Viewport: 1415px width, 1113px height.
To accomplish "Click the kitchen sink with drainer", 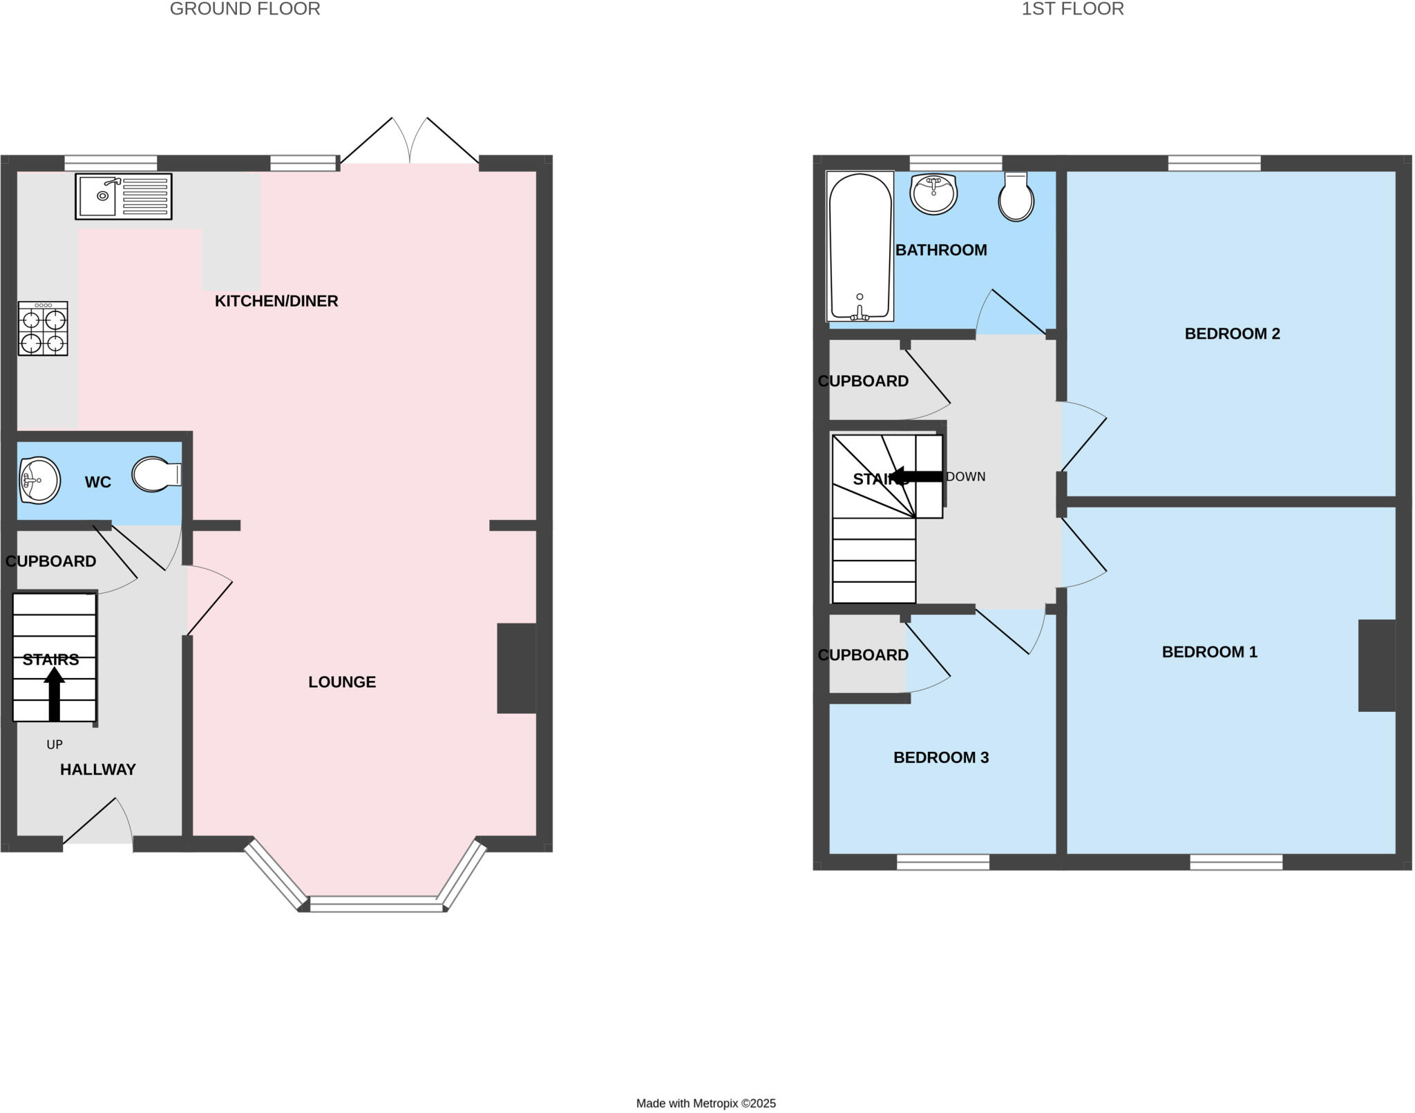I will (124, 197).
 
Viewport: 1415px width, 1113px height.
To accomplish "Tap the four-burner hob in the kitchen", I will (43, 329).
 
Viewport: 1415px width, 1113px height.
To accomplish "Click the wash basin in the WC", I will (40, 480).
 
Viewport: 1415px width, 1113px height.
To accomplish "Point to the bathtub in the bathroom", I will (860, 246).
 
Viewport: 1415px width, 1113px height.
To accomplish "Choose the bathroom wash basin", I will (933, 193).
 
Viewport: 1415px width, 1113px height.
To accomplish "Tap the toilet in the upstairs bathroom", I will (1016, 197).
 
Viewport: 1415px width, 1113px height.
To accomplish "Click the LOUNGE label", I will (342, 682).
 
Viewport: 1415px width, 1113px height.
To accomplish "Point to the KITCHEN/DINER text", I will (276, 301).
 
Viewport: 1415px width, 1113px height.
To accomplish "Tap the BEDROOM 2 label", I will (1232, 334).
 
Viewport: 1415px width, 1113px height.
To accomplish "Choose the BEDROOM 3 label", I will (941, 757).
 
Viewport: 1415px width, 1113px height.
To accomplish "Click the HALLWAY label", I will (97, 769).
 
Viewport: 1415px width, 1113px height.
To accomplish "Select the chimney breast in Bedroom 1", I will (1376, 666).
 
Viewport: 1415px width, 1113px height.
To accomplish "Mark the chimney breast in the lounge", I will (516, 668).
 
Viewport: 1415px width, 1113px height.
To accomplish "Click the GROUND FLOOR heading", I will (245, 9).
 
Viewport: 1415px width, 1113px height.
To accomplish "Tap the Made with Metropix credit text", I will (705, 1103).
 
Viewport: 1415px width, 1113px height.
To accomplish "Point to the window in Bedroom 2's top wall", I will (1214, 164).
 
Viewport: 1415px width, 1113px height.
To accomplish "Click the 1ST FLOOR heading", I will (1072, 9).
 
